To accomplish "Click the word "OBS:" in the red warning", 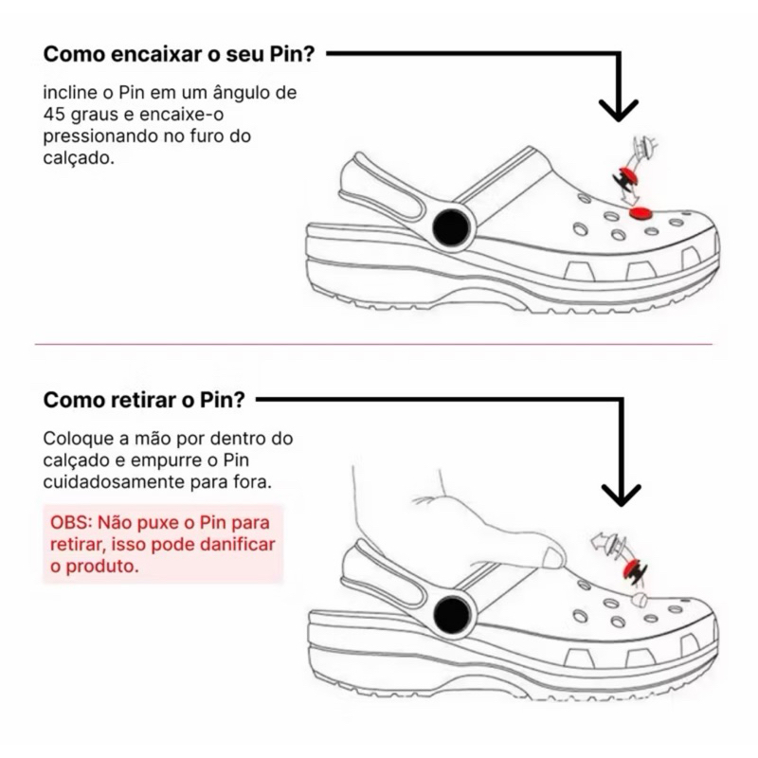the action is coord(71,523).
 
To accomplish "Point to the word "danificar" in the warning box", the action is coord(238,544).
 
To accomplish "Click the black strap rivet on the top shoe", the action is coord(451,227).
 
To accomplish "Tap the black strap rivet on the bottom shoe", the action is coord(452,614).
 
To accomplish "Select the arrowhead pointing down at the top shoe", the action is coord(619,110).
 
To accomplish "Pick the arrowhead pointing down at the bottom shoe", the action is coord(622,496).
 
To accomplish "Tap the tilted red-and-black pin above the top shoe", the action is coord(626,178).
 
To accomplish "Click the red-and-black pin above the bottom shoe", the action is coord(635,571).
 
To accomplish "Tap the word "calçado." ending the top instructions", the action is coord(79,158).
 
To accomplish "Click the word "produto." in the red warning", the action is coord(102,567).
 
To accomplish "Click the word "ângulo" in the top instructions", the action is coord(241,92).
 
